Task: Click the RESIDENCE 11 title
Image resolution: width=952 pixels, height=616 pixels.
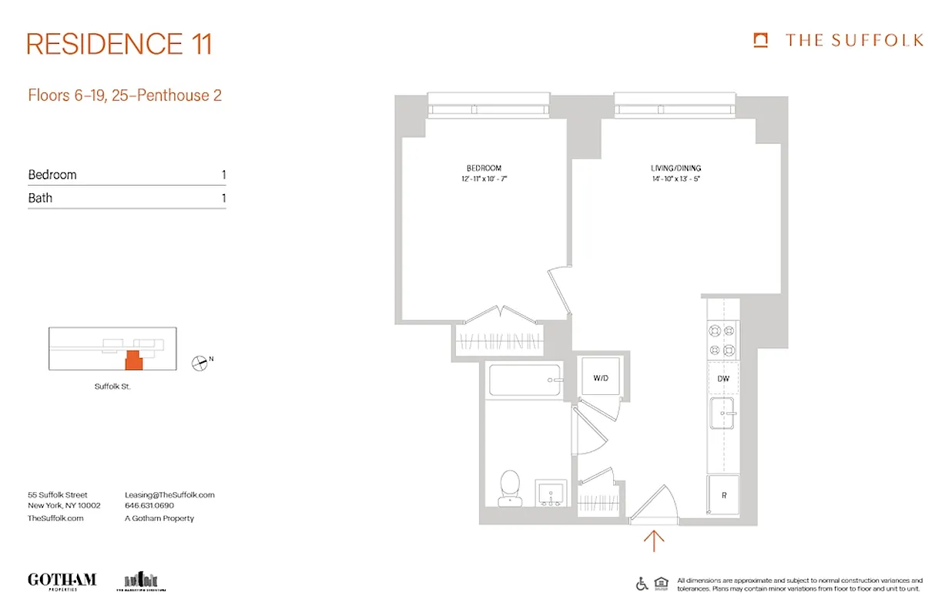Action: point(119,44)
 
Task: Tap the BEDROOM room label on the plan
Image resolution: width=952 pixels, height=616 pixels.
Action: point(484,168)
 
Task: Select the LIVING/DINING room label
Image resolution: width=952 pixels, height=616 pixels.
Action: point(675,168)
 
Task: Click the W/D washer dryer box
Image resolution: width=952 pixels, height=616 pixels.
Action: point(601,378)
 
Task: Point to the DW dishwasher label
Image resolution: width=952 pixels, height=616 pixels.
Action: point(723,378)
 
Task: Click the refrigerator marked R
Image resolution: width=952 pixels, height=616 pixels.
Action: point(723,496)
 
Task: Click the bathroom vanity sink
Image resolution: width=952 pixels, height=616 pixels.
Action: point(551,492)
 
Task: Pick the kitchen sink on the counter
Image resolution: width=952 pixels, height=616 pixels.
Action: point(722,415)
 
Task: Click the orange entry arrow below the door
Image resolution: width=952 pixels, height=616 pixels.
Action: point(653,541)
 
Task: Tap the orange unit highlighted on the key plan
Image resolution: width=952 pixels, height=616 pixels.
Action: point(133,360)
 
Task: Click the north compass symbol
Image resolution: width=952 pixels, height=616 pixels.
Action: point(199,362)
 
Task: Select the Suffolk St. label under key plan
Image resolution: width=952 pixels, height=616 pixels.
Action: point(112,387)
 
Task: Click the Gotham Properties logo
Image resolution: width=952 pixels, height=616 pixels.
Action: point(62,581)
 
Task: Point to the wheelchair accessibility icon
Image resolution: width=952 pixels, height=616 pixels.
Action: point(642,584)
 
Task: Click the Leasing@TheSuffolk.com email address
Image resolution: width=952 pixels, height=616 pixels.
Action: point(169,495)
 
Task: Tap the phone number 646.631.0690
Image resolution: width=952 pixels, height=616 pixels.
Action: point(149,506)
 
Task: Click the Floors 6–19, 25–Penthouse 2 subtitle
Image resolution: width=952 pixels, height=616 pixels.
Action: point(125,95)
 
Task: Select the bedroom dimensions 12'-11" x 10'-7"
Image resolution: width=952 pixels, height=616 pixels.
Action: point(484,179)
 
